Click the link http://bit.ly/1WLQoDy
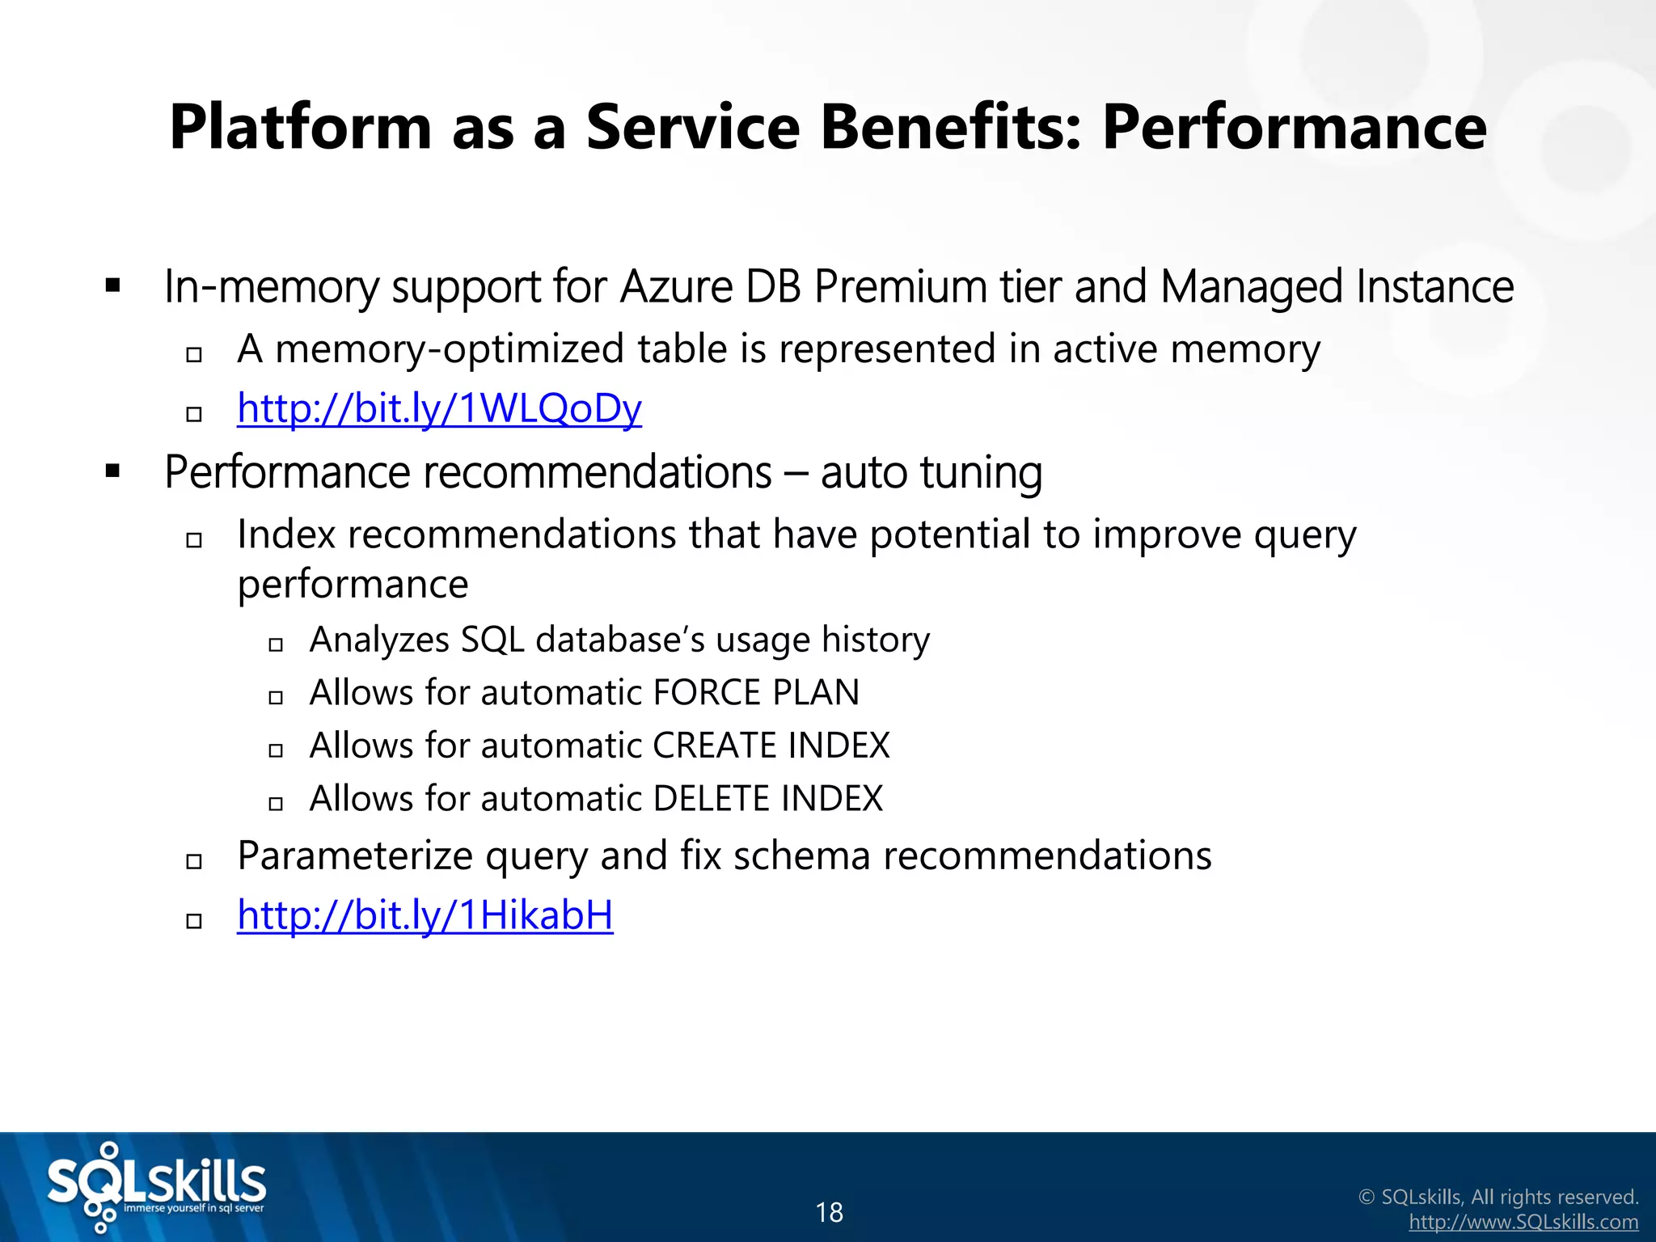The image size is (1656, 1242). [x=439, y=408]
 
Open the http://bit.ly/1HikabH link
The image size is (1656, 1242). [x=425, y=915]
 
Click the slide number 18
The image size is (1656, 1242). [x=829, y=1212]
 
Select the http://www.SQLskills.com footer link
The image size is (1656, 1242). [x=1523, y=1222]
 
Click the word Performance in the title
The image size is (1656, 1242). [x=1294, y=127]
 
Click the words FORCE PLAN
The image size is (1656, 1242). [x=755, y=693]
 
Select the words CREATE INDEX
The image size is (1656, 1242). [x=771, y=746]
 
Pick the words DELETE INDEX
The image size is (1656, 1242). [x=767, y=799]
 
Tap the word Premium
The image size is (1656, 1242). [x=901, y=287]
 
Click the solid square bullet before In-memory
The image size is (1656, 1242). [x=113, y=285]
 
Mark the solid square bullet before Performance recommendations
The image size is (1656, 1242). [x=113, y=471]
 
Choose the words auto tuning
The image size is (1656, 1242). [x=931, y=472]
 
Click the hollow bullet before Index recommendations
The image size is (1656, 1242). [x=194, y=540]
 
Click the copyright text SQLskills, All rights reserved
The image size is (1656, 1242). [x=1509, y=1197]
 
